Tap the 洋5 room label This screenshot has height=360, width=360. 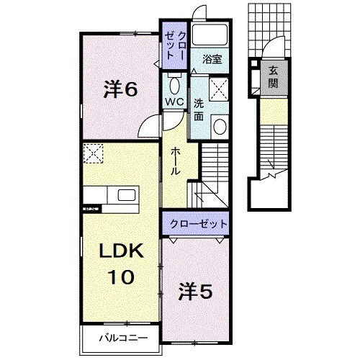(x=194, y=291)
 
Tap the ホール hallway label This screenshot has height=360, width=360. (x=175, y=163)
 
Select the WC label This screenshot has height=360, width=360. (x=174, y=102)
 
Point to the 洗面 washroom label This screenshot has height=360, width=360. (x=199, y=109)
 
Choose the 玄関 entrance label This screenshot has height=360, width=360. (x=274, y=78)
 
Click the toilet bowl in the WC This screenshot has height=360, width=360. (x=173, y=81)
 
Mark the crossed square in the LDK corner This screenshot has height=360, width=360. (x=91, y=153)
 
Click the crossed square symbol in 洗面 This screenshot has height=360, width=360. (x=218, y=91)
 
